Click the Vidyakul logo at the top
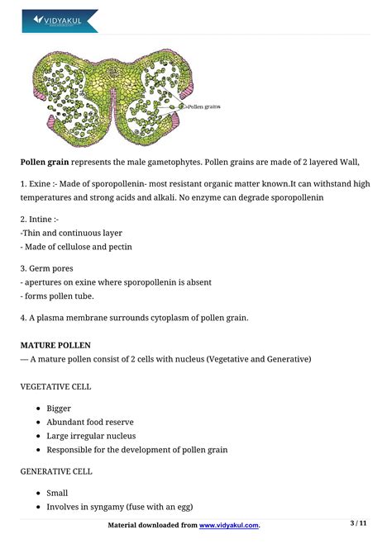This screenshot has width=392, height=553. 60,20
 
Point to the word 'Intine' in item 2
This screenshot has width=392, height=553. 43,219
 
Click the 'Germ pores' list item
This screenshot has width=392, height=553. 50,268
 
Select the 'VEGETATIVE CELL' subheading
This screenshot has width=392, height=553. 55,386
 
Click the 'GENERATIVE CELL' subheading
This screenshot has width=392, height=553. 56,471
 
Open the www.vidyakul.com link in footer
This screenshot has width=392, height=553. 229,525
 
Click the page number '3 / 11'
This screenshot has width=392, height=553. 359,523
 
